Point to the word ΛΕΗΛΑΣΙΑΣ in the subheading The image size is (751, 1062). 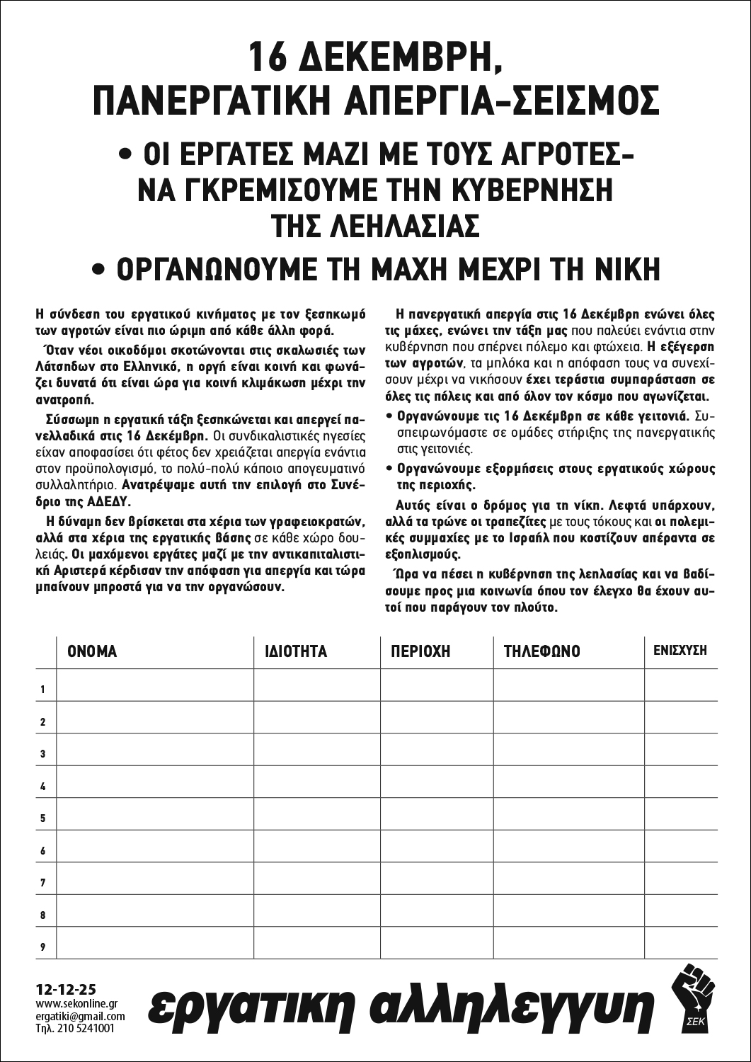point(376,226)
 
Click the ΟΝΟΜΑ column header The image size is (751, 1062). point(92,651)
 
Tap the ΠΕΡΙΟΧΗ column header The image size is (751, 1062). point(420,651)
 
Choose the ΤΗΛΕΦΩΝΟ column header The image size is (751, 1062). point(541,651)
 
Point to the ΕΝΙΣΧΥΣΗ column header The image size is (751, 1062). point(680,650)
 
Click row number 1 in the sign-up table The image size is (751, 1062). point(43,690)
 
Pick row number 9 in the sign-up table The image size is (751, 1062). point(43,947)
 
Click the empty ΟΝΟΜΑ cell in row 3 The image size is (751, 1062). point(154,754)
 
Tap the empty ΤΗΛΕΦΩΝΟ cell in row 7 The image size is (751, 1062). point(568,883)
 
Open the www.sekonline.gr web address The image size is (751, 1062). point(76,1004)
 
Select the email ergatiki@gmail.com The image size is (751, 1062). point(80,1017)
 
